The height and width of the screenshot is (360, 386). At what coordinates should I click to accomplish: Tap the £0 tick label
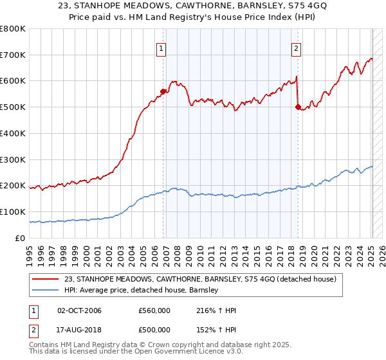click(x=20, y=238)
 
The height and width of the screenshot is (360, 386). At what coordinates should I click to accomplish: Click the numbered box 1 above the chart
click(x=160, y=47)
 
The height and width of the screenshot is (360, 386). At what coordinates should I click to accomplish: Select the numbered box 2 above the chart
click(x=296, y=47)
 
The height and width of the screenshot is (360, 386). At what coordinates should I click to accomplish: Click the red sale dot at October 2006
click(x=163, y=91)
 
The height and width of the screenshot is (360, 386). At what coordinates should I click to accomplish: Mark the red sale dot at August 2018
click(x=298, y=107)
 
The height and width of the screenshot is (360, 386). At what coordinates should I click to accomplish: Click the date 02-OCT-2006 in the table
click(x=79, y=310)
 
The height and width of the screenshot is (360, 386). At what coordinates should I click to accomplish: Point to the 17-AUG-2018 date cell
click(x=79, y=329)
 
